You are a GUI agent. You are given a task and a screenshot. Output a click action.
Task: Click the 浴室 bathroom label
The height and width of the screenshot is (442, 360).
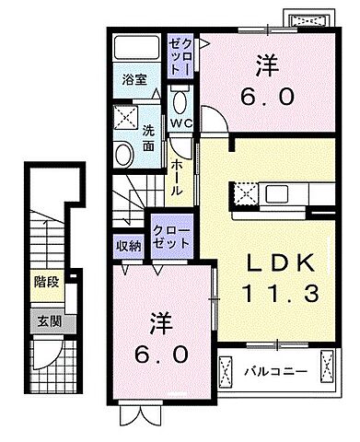134,79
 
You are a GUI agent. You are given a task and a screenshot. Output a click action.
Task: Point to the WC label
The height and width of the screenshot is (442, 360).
180,122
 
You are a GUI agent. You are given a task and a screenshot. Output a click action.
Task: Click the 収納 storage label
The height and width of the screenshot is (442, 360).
129,245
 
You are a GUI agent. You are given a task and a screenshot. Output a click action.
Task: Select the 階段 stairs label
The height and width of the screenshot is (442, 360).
47,282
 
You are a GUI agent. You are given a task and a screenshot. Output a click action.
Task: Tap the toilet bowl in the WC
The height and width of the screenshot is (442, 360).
180,100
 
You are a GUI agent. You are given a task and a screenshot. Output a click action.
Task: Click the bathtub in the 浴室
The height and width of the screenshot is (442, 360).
136,50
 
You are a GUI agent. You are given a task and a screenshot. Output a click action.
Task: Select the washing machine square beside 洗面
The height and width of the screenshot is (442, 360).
124,117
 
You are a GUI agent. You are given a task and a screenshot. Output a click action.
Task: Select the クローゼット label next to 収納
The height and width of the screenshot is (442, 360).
171,234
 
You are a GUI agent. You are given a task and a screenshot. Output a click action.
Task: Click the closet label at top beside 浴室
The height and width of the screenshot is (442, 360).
178,56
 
